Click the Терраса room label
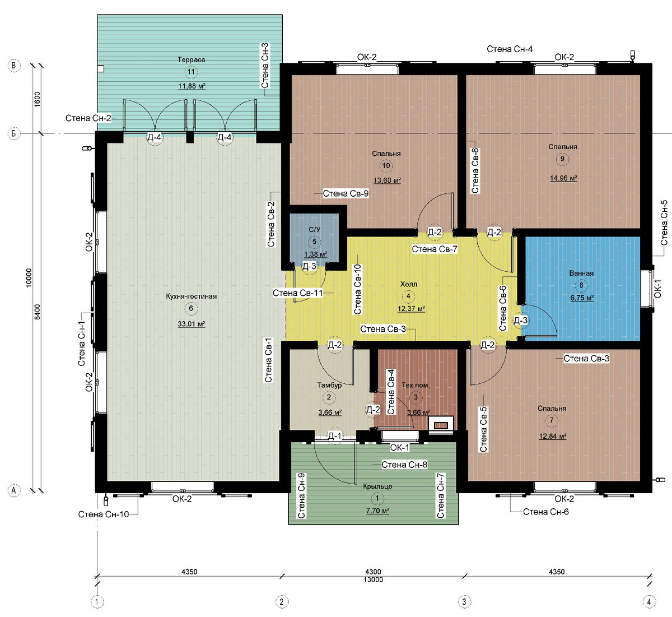coord(191,60)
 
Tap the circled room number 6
coord(191,308)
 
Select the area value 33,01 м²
coord(192,324)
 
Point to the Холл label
coord(408,284)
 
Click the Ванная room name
coord(581,273)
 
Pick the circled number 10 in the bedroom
coord(386,165)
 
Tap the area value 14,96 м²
coord(563,178)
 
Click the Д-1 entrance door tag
coord(335,436)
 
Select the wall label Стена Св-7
coord(435,249)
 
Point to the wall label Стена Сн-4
coord(510,49)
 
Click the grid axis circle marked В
coord(14,65)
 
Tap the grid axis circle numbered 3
coord(464,601)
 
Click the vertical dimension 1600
coord(37,99)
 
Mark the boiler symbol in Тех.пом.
coord(441,425)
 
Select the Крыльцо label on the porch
coord(377,486)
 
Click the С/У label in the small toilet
coord(314,229)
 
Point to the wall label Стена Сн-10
coord(104,514)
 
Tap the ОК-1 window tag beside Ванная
coord(657,289)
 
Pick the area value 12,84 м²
coord(553,436)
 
